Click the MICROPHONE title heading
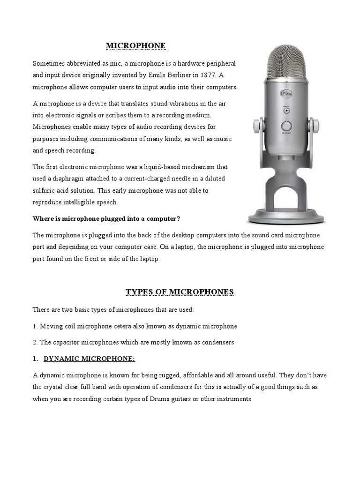tap(135, 45)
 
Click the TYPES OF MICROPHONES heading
tap(180, 292)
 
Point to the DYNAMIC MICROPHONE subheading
tap(89, 359)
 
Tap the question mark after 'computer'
tap(179, 219)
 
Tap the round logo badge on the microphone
tap(285, 94)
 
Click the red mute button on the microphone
tap(285, 111)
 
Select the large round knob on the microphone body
tap(285, 126)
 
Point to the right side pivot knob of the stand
tap(315, 126)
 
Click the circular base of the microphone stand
tap(286, 217)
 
